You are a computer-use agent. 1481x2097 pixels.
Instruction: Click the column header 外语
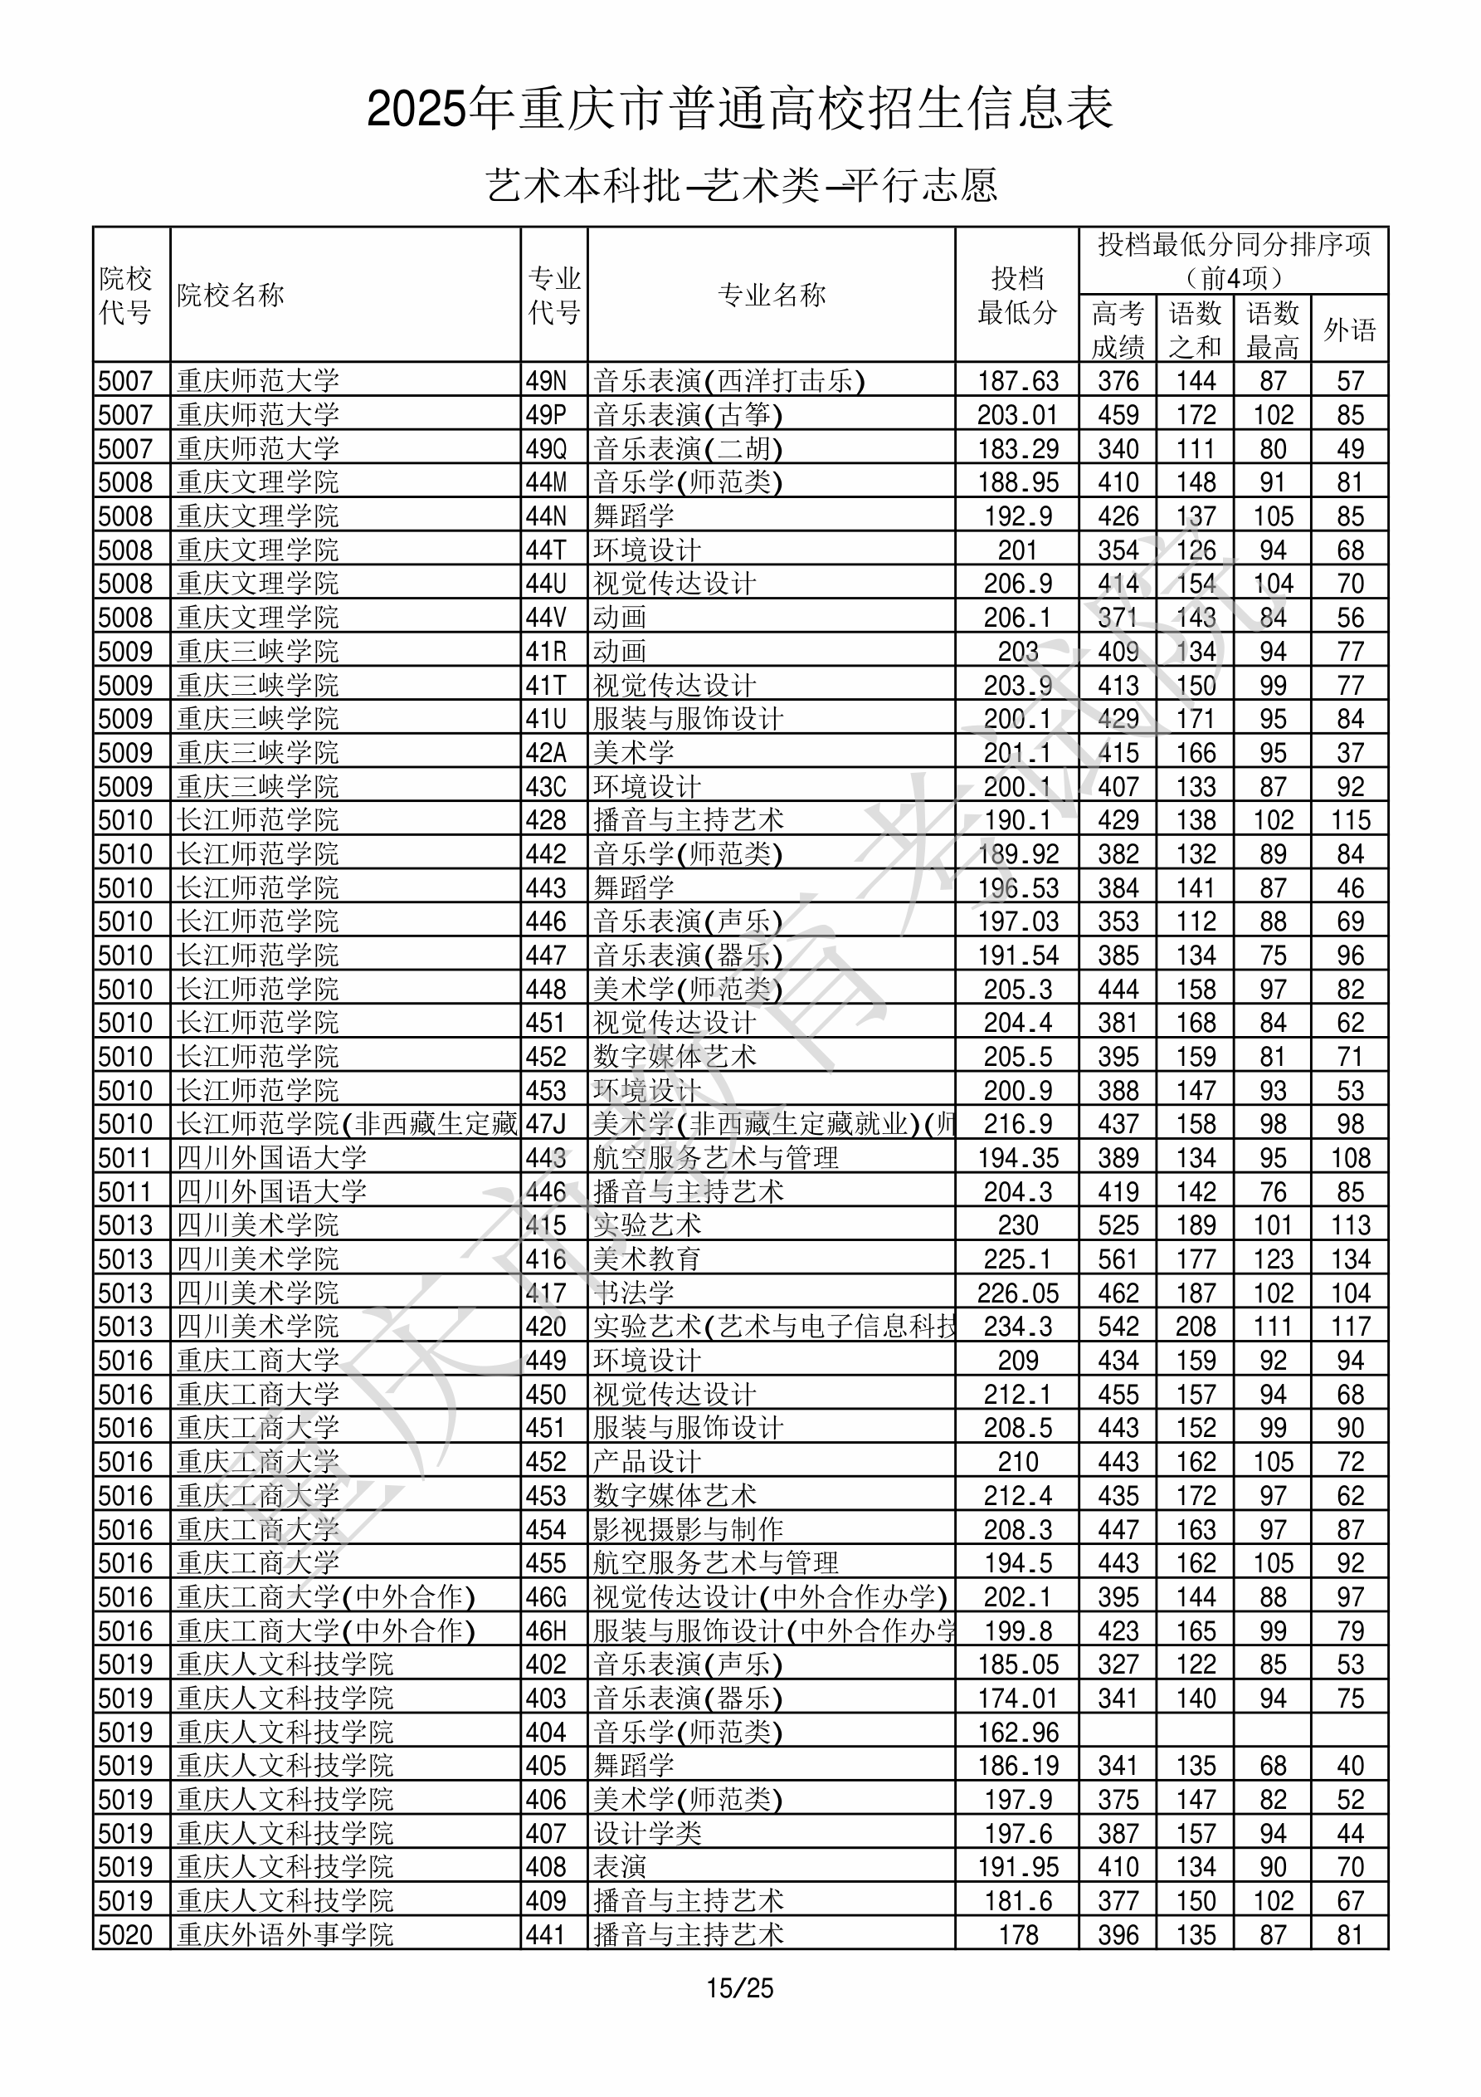[1350, 330]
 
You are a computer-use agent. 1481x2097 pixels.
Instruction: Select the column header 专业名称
[772, 295]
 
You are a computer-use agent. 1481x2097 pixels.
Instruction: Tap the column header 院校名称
[231, 295]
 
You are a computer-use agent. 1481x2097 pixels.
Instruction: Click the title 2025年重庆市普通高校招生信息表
[739, 109]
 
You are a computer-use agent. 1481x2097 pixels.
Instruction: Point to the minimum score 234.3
[1017, 1326]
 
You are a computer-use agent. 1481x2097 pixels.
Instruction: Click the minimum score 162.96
[1017, 1732]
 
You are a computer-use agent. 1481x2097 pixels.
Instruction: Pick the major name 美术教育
[647, 1259]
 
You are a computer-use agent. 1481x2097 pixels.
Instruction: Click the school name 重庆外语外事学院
[285, 1934]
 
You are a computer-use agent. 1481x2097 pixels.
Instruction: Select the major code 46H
[546, 1630]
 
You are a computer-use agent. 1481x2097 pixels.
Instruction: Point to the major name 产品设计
[647, 1461]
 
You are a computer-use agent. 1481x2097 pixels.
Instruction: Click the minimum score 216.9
[1017, 1124]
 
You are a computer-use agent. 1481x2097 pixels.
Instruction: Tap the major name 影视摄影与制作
[689, 1529]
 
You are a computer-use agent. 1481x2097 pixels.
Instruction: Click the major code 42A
[546, 753]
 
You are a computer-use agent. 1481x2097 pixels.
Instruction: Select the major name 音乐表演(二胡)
[689, 449]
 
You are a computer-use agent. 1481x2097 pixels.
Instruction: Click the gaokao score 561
[1118, 1259]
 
